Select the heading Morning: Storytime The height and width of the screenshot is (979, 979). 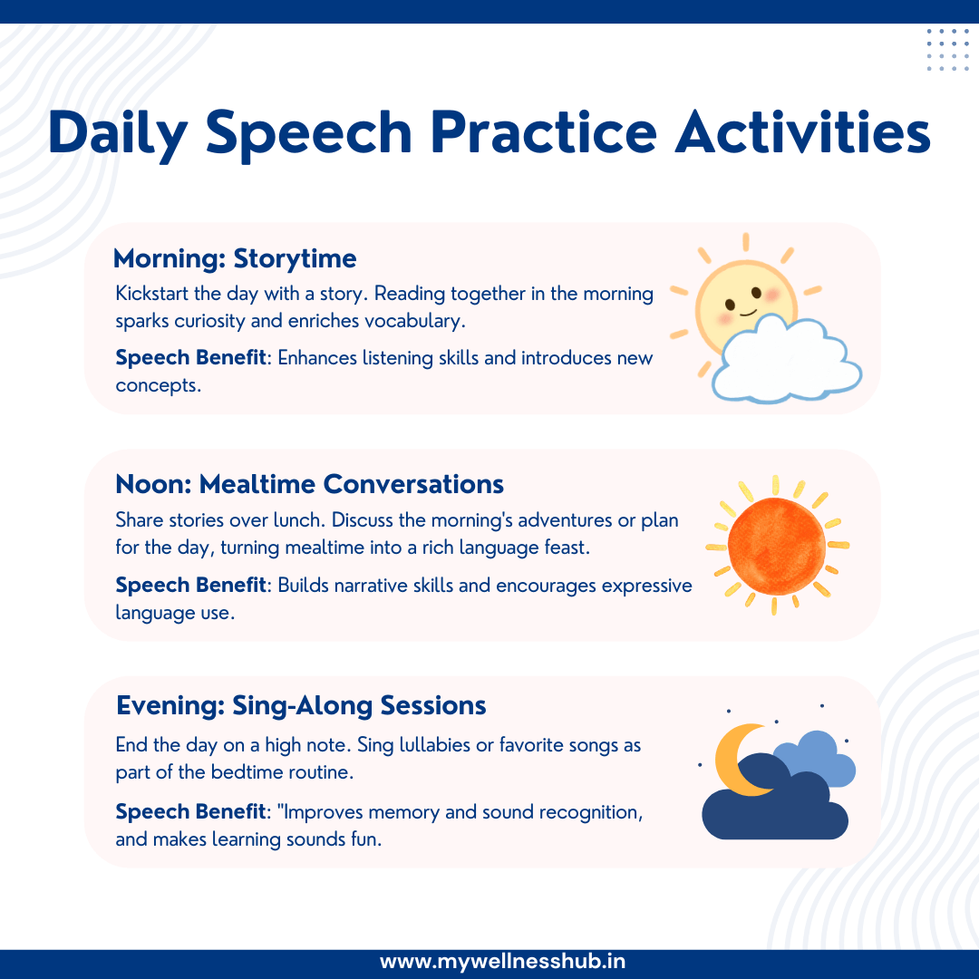(x=235, y=259)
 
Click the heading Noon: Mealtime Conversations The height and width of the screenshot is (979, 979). (x=309, y=484)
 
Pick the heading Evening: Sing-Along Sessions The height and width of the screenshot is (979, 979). (x=301, y=705)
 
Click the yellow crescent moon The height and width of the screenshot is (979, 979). (x=735, y=756)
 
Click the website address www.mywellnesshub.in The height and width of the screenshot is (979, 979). (x=502, y=962)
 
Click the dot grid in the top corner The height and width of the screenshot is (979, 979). (x=947, y=50)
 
